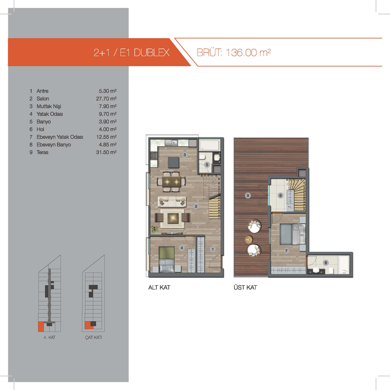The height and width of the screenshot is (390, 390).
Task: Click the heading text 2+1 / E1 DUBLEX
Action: [x=131, y=53]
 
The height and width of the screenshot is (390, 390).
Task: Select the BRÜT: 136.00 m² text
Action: [x=234, y=53]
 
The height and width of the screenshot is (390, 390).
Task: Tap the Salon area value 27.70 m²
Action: [x=106, y=98]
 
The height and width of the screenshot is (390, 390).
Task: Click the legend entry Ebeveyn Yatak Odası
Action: [x=59, y=137]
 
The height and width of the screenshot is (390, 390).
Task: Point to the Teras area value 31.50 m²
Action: [x=106, y=152]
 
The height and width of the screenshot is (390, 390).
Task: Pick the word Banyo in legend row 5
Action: [x=43, y=121]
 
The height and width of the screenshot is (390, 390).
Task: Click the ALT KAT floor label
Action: [x=159, y=288]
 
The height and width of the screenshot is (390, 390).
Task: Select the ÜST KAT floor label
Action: [x=245, y=288]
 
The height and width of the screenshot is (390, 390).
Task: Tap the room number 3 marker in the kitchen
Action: [x=185, y=155]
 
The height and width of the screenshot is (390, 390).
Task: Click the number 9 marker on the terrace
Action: [x=248, y=195]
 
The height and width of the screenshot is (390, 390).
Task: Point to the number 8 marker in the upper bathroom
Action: [x=326, y=263]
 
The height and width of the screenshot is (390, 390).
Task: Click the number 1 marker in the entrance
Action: [x=213, y=249]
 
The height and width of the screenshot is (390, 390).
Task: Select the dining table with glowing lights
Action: [x=172, y=181]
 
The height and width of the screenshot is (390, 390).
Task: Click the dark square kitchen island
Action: [x=174, y=162]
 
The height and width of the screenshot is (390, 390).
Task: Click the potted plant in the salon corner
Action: [x=155, y=229]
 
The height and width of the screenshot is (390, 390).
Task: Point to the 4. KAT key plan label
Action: [x=50, y=337]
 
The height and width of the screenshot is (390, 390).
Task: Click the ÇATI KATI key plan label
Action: [x=93, y=337]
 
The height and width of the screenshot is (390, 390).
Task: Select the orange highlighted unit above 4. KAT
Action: [x=41, y=327]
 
